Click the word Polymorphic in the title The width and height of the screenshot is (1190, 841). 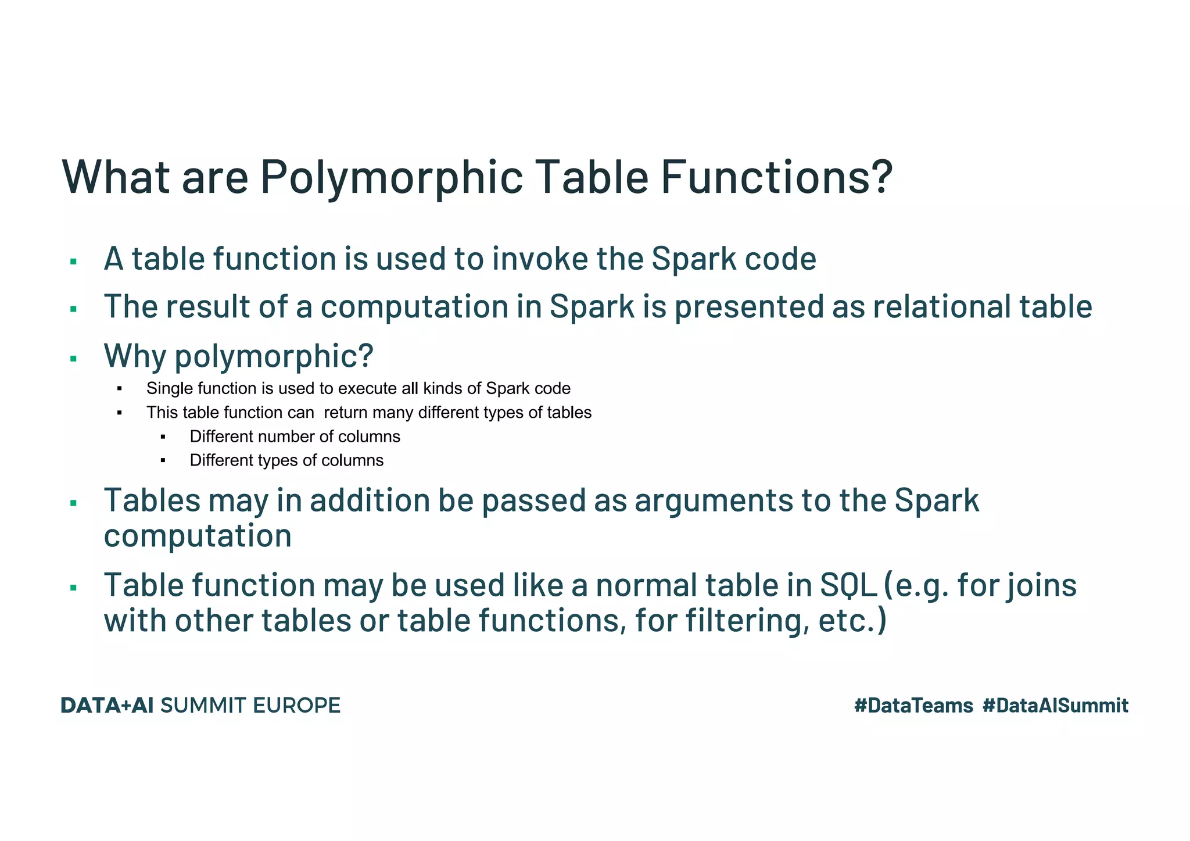(391, 177)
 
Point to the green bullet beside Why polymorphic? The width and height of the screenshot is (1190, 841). (73, 359)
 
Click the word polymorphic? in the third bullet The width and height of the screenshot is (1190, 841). (273, 356)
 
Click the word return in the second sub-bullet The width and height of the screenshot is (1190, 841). (345, 413)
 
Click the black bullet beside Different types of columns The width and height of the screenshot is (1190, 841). (163, 461)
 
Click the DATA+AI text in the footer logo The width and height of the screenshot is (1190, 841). (107, 706)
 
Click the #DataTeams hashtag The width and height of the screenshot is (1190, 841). (913, 706)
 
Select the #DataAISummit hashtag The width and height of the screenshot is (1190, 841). (1055, 706)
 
